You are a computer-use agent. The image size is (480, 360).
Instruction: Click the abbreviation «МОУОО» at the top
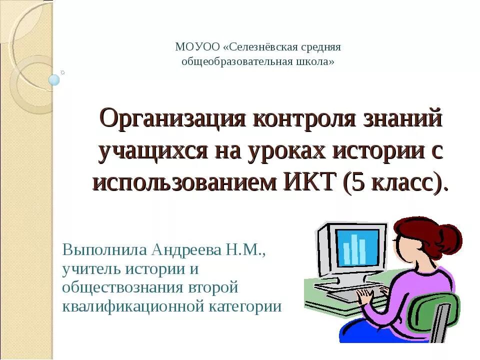pyautogui.click(x=197, y=47)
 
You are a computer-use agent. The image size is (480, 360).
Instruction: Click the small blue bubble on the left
pyautogui.click(x=54, y=79)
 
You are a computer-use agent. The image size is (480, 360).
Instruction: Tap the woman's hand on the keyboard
pyautogui.click(x=364, y=297)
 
